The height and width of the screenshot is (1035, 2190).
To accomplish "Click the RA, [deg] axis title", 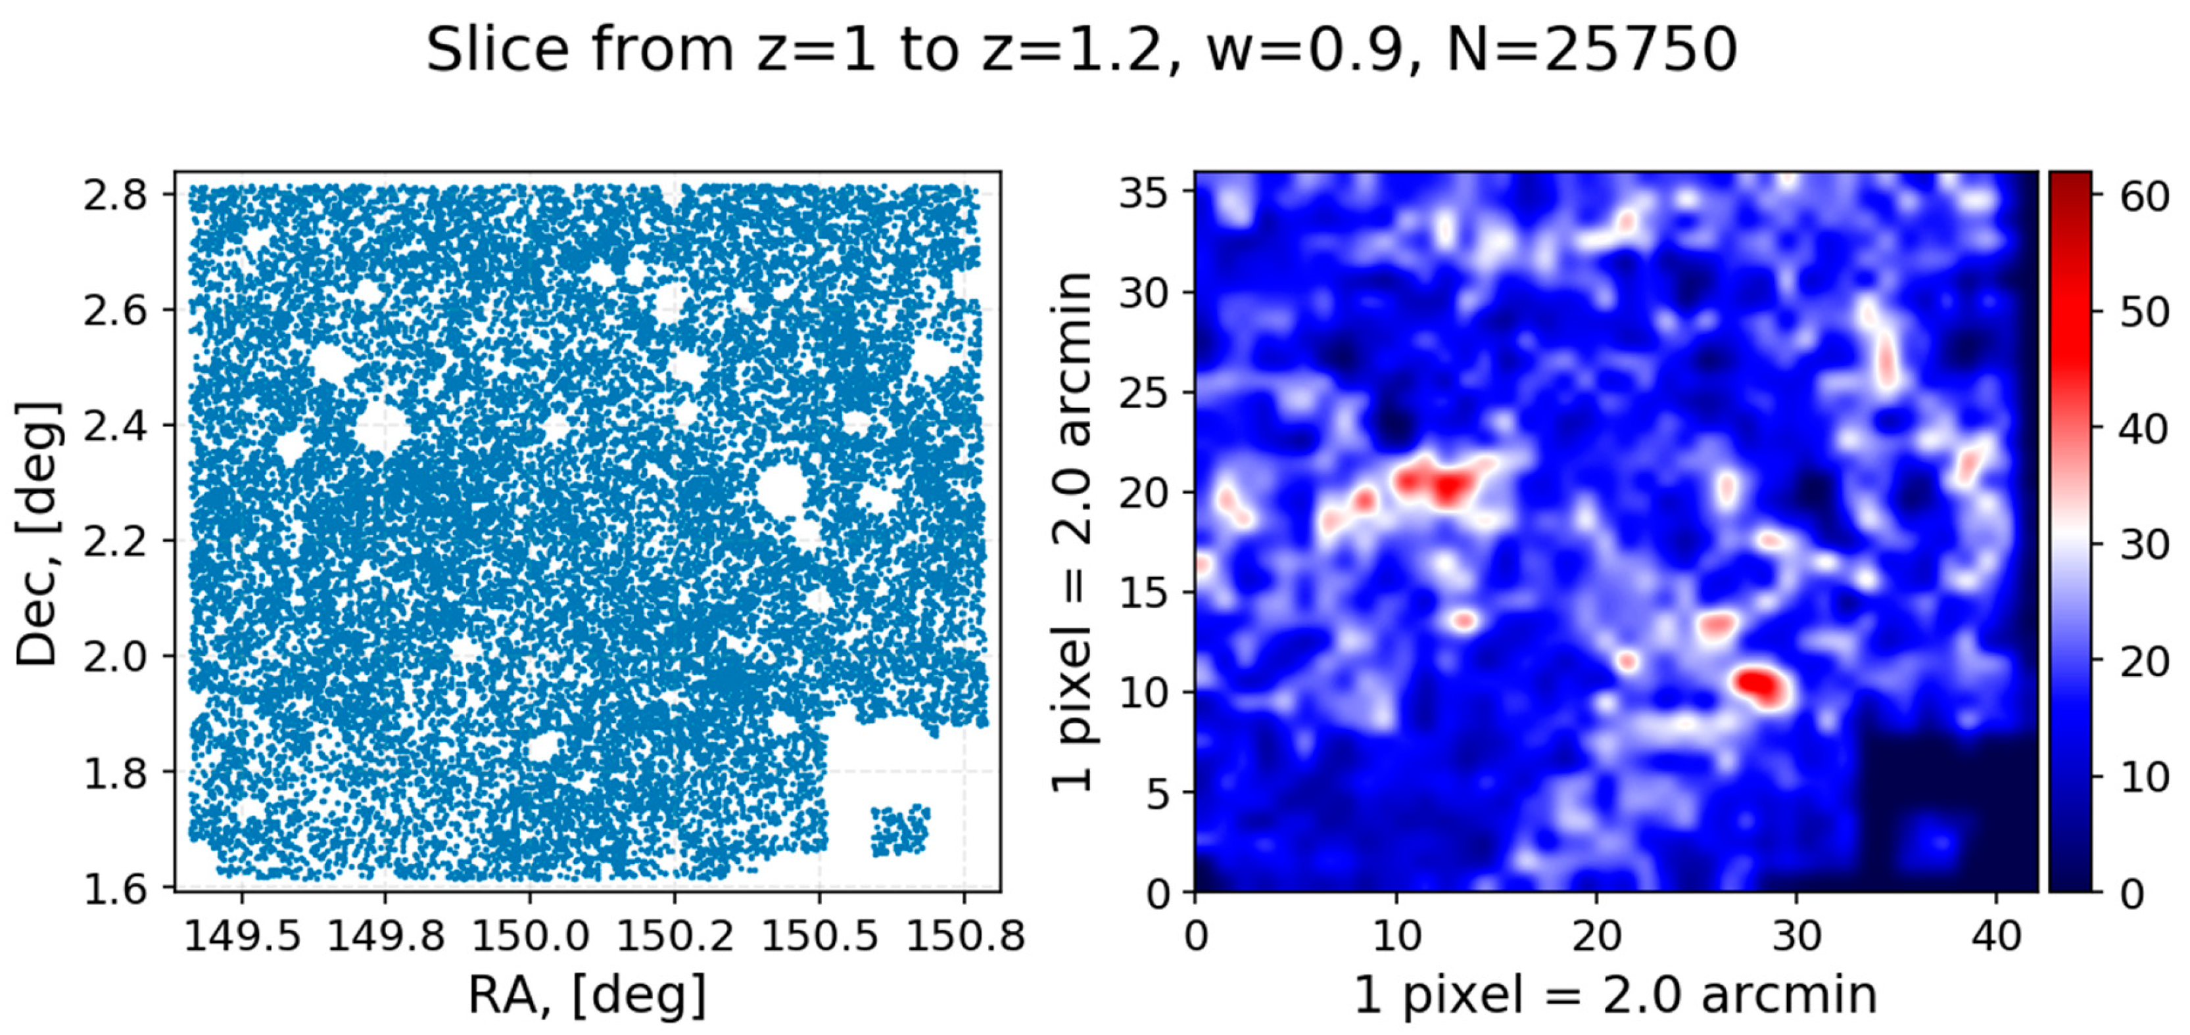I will point(586,994).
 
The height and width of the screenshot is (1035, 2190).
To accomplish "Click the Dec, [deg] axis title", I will point(38,534).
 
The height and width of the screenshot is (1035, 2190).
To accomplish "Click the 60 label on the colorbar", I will point(2145,197).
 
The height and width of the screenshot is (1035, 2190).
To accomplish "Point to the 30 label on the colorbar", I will point(2145,544).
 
